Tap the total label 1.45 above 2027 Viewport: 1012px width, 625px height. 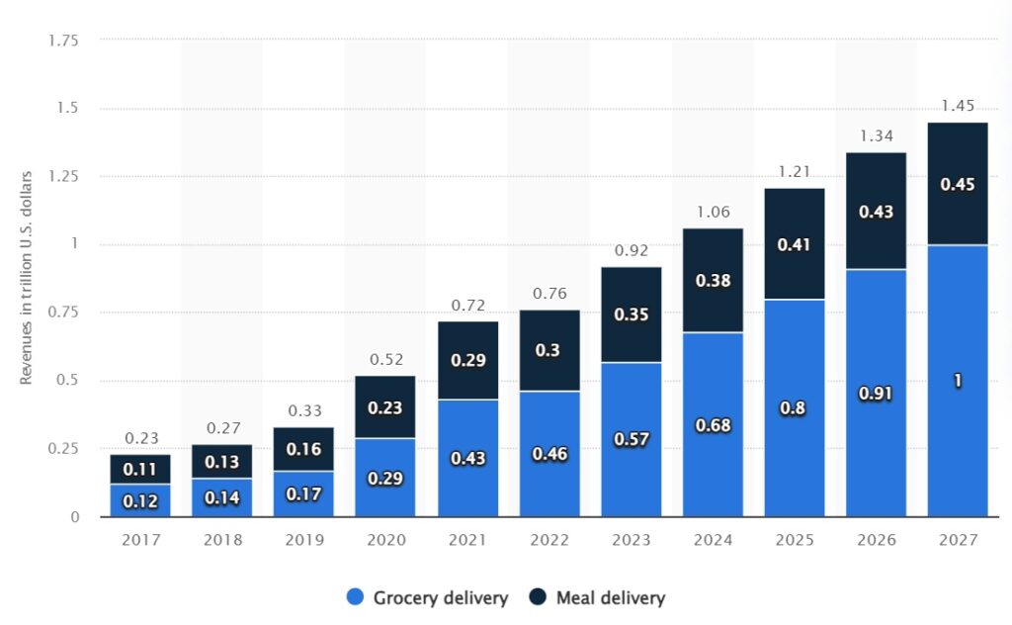(x=957, y=106)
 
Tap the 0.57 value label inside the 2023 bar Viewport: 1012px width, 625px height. (x=631, y=439)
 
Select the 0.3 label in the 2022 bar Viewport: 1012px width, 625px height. (x=549, y=351)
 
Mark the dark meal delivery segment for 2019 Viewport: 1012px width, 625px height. (x=304, y=448)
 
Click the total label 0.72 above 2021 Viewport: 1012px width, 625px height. (x=467, y=305)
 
